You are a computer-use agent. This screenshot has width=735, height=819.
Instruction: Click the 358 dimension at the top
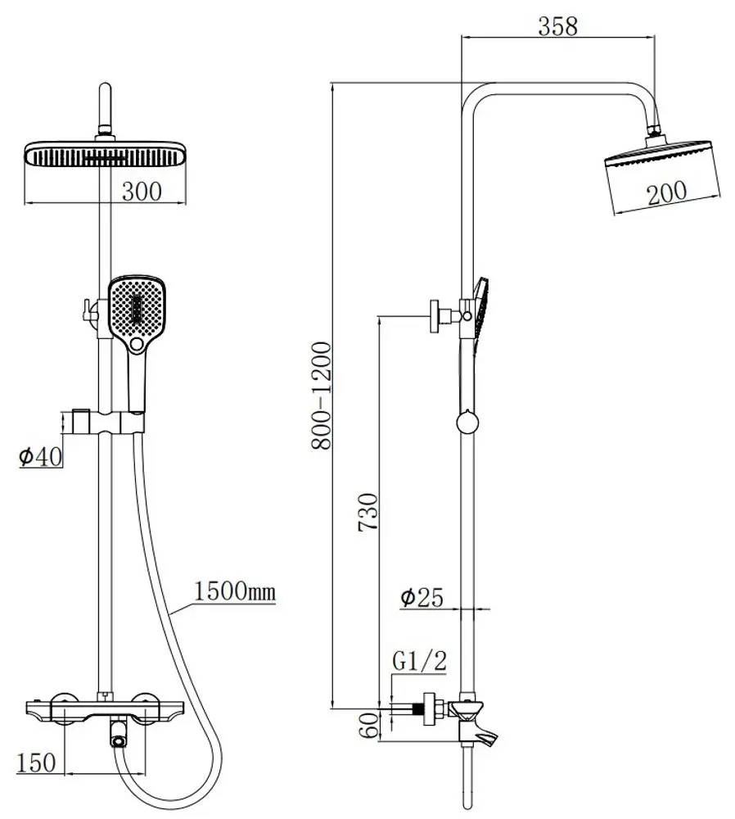tap(557, 26)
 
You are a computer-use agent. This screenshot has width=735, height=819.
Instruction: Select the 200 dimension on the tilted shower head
tap(666, 193)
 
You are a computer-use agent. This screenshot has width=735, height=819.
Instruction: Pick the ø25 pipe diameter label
tap(422, 599)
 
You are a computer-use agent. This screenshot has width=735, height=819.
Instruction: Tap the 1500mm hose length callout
tap(235, 590)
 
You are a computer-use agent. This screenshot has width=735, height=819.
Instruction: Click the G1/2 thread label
tap(420, 661)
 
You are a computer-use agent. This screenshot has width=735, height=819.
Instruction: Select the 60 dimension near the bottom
tap(368, 725)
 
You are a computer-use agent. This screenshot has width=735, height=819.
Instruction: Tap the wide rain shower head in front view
tap(106, 155)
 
